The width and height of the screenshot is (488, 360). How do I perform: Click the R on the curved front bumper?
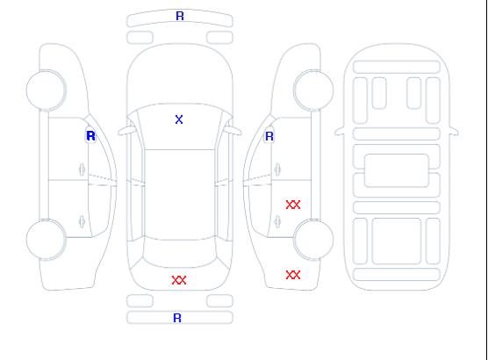(180, 16)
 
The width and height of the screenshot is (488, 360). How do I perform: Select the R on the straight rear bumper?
(177, 318)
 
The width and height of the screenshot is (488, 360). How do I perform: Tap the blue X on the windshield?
(179, 119)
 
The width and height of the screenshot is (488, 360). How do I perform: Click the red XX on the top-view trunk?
(179, 280)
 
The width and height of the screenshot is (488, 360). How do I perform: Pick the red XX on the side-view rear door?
(293, 205)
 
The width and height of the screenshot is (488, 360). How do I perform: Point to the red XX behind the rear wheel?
(293, 275)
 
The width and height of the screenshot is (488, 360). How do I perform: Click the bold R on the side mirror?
(90, 136)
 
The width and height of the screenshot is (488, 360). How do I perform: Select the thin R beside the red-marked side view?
(269, 136)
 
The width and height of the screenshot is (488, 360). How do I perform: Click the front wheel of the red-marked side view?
(313, 90)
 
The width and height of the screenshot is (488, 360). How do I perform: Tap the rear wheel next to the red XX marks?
(313, 239)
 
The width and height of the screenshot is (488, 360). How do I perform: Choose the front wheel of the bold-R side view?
(46, 90)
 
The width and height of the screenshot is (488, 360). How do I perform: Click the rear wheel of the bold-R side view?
(46, 240)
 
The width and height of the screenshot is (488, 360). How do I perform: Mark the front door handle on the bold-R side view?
(82, 169)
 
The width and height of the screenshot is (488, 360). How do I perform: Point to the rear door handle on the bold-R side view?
(82, 221)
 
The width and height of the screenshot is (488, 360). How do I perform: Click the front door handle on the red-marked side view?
(277, 169)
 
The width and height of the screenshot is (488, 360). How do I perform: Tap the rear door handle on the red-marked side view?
(277, 221)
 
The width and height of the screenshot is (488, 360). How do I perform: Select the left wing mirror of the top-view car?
(126, 131)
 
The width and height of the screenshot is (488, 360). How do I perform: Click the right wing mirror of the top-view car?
(233, 131)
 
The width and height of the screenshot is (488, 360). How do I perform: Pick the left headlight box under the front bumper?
(140, 38)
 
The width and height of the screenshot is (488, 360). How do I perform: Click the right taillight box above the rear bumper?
(219, 301)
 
